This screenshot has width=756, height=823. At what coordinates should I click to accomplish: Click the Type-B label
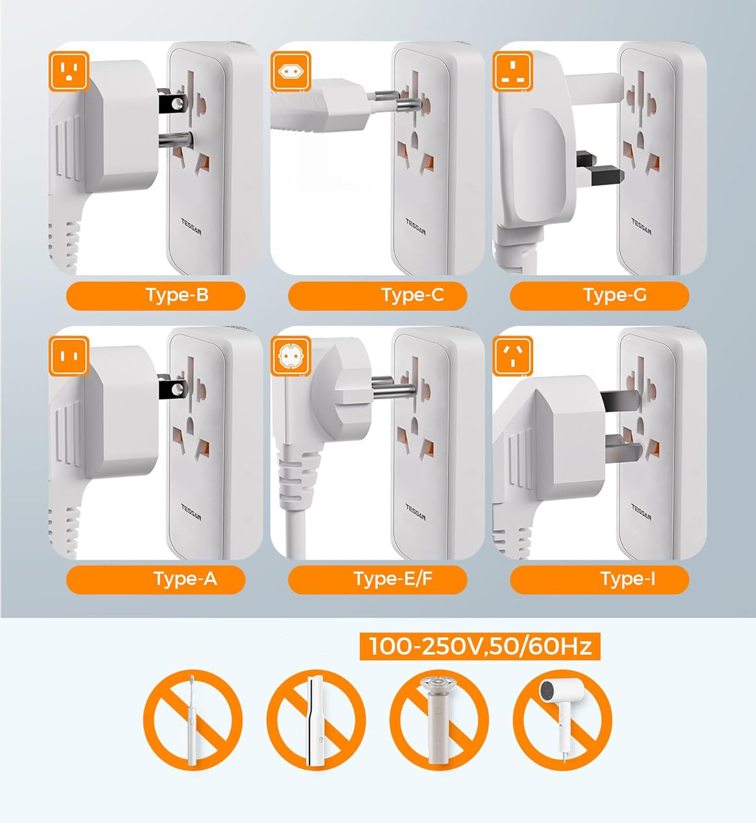tap(177, 295)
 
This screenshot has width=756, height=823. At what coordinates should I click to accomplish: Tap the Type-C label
tap(412, 295)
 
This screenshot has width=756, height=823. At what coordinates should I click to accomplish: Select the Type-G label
tap(614, 295)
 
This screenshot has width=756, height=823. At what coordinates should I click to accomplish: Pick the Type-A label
tap(185, 579)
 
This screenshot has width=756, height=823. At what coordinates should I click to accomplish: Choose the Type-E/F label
tap(393, 579)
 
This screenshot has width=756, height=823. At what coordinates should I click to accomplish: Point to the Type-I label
tap(627, 579)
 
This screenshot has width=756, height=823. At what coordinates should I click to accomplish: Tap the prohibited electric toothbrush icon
tap(192, 720)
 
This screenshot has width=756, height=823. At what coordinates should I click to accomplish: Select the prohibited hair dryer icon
tap(562, 720)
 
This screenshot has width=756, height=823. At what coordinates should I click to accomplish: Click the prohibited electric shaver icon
tap(439, 720)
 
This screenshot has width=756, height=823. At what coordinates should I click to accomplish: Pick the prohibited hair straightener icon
tap(316, 720)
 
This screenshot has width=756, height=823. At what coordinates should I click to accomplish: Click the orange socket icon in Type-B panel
tap(68, 71)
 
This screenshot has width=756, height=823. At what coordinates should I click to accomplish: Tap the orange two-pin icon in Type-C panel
tap(291, 71)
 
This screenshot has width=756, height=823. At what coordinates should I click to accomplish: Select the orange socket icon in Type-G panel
tap(513, 71)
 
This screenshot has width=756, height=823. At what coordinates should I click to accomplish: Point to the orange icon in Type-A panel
tap(68, 356)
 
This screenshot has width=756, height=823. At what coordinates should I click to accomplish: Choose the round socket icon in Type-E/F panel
tap(291, 356)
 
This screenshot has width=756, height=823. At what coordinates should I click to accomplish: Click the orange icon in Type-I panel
tap(513, 356)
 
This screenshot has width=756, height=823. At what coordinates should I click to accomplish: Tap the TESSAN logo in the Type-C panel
tap(415, 226)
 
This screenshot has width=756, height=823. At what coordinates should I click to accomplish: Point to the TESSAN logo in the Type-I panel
tap(641, 512)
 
